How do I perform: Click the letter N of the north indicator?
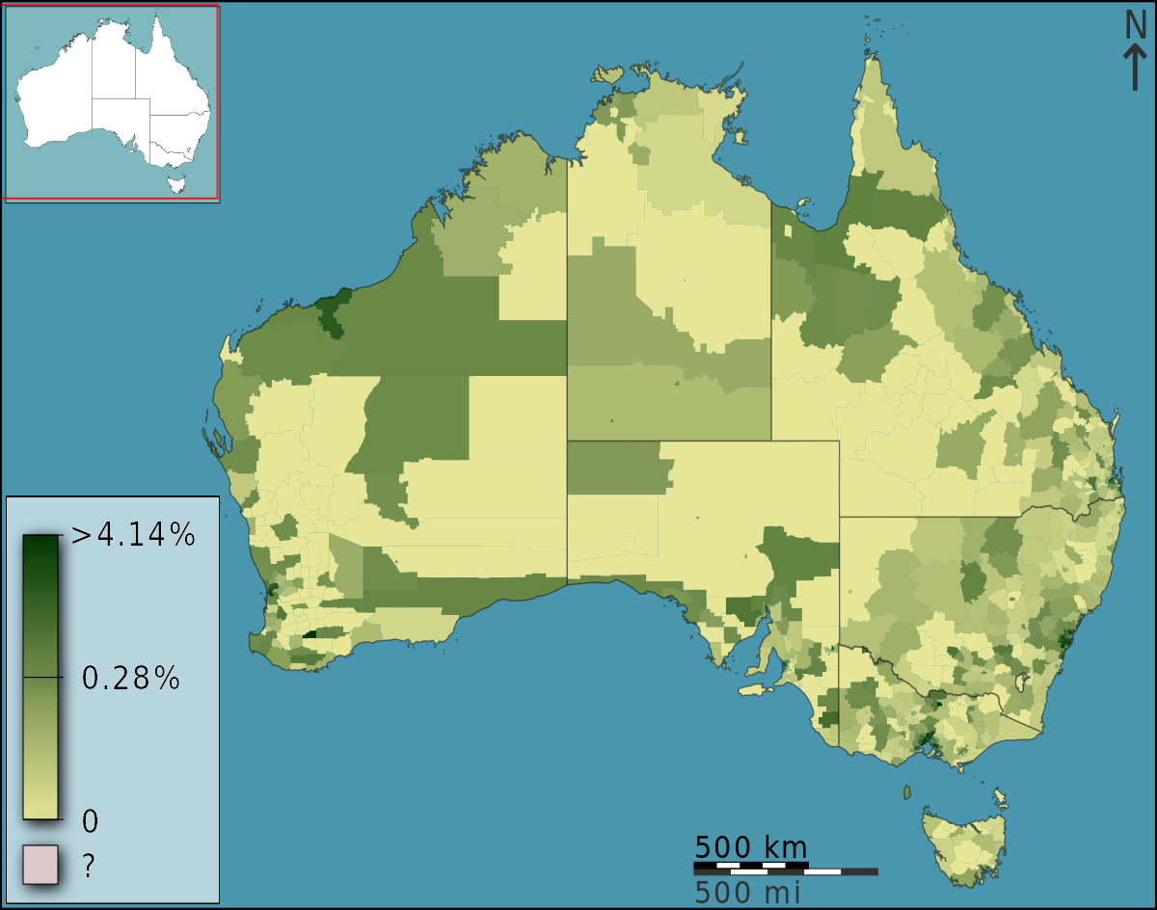(1136, 25)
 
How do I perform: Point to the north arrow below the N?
(1136, 69)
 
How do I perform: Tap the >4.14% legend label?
(133, 535)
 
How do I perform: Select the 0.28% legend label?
(131, 679)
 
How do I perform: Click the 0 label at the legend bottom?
(90, 821)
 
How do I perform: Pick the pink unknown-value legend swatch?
(40, 865)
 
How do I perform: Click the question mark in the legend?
(89, 866)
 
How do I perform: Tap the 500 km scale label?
(750, 847)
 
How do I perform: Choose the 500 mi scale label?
(747, 893)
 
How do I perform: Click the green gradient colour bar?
(40, 675)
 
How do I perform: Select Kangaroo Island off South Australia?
(755, 690)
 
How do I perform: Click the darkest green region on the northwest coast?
(331, 311)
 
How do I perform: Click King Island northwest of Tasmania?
(906, 792)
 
